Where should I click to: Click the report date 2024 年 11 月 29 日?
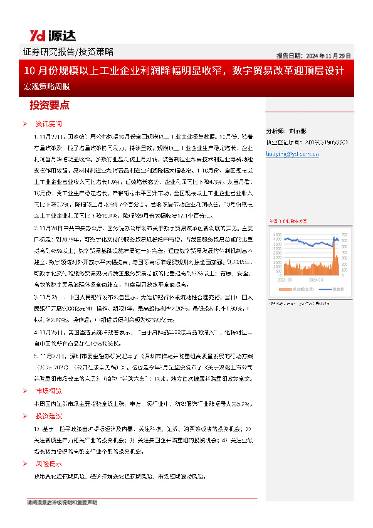tap(313, 55)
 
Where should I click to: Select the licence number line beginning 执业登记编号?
tap(307, 142)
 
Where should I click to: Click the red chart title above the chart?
tap(288, 221)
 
